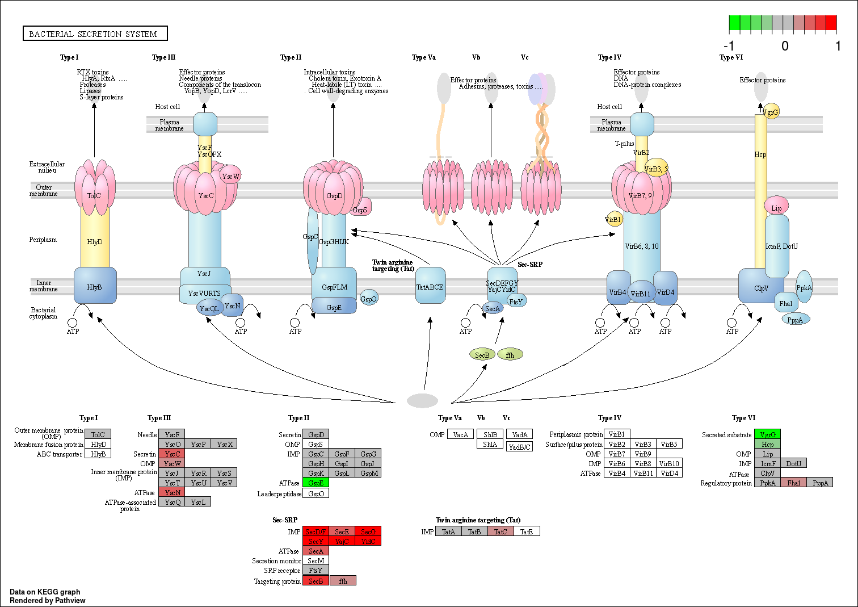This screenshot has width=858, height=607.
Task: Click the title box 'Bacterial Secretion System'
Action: tap(95, 34)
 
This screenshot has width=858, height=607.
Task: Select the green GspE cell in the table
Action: tap(316, 483)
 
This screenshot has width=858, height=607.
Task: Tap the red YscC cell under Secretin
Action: tap(172, 454)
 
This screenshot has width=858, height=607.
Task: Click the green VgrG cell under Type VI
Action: tap(767, 435)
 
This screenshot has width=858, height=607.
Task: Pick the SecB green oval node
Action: tap(482, 355)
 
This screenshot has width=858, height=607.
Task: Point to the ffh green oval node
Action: tap(510, 355)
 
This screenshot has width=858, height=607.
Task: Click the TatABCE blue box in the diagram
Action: tap(430, 287)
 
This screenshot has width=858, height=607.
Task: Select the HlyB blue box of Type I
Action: tap(95, 287)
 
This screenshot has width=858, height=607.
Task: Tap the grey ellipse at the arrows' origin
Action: tap(422, 400)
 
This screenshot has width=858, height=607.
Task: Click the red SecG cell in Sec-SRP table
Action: tap(368, 532)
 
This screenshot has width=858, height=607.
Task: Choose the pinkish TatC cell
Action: tap(500, 532)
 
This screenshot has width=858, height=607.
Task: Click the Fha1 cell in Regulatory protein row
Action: tap(793, 483)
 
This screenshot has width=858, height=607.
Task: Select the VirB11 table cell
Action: tap(643, 474)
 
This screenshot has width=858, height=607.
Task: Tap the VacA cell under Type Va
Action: tap(460, 435)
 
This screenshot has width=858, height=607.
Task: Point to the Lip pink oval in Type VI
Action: tap(776, 208)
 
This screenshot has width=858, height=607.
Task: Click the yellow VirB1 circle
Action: tap(613, 219)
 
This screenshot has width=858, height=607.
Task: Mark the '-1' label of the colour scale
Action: tap(729, 46)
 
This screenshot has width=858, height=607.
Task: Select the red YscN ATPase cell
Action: tap(172, 493)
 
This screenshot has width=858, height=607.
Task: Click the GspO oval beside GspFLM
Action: tap(369, 299)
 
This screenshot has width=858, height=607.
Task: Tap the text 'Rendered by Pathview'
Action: tap(48, 601)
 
